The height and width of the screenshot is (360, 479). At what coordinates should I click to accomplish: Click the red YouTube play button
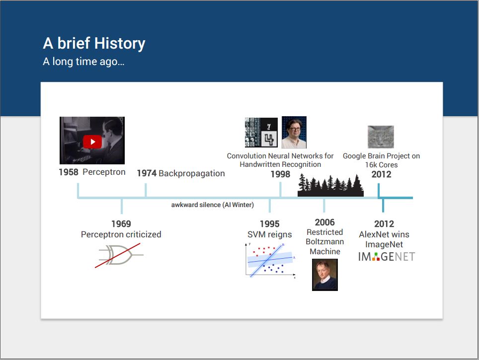92,142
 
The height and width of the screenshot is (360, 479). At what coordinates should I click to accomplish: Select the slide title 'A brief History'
94,43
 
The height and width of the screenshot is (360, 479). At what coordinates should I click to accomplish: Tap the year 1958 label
69,172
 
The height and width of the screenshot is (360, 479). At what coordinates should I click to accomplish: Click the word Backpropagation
191,173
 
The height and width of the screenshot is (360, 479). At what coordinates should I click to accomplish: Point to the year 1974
147,173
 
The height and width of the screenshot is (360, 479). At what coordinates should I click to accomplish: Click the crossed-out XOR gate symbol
119,255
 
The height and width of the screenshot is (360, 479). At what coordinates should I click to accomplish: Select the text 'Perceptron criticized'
121,234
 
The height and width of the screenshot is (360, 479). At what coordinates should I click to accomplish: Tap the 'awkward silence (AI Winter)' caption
212,205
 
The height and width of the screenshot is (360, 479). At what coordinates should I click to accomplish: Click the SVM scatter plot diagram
270,261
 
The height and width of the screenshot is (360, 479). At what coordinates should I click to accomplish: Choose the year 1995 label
269,224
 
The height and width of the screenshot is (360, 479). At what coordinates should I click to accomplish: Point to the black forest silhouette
330,185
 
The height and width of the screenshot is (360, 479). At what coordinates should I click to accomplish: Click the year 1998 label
280,174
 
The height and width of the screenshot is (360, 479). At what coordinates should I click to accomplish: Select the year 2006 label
325,222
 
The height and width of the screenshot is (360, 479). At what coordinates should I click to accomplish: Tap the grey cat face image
381,137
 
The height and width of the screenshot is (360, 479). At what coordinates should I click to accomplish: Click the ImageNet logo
387,257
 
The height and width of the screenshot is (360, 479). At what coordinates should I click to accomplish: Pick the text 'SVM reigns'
269,234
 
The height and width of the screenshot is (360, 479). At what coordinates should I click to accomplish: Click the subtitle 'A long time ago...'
83,62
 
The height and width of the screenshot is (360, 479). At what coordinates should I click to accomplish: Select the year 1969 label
121,224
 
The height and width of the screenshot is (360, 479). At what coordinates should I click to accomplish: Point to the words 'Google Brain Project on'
381,156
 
